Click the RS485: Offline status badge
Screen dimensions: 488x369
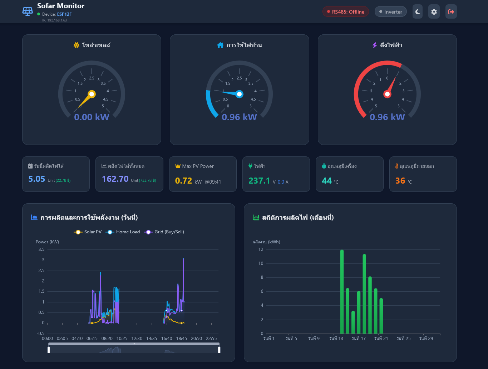point(345,12)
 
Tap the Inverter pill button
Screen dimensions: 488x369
point(391,12)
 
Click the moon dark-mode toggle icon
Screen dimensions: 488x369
point(418,11)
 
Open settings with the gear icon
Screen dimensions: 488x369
point(434,11)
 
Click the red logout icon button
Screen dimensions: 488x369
point(451,11)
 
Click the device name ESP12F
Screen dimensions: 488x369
point(64,14)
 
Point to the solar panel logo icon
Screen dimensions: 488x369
point(28,11)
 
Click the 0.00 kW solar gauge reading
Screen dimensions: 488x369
point(92,117)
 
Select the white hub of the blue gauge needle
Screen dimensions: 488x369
point(240,94)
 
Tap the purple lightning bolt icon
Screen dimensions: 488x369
point(375,45)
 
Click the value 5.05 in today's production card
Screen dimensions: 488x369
point(37,179)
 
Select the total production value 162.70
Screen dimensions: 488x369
point(115,179)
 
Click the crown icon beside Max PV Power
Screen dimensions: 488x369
point(178,166)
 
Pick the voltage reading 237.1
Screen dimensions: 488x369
point(259,181)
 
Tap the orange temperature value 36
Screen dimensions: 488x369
point(400,181)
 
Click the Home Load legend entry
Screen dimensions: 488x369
point(123,232)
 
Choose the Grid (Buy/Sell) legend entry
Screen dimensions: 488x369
point(164,232)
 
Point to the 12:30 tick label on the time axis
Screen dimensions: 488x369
point(137,339)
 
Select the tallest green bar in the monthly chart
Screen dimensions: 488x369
point(342,292)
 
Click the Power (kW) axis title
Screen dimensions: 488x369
point(47,242)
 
